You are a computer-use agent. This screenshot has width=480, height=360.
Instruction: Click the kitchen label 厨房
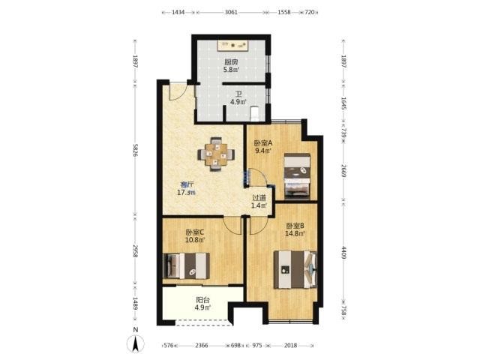[231, 61]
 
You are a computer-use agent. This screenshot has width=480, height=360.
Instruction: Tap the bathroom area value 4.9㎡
[238, 102]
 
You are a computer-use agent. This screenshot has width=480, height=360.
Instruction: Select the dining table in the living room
[216, 154]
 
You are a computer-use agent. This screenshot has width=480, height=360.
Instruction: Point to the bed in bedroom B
[295, 269]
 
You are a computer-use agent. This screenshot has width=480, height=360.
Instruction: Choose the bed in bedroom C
[186, 265]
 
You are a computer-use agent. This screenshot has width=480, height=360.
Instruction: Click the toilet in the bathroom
[255, 113]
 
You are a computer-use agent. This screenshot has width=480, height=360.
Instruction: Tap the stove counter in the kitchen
[232, 45]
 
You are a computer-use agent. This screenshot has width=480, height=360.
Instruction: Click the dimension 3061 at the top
[231, 12]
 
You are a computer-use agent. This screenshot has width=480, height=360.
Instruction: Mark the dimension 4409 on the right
[343, 253]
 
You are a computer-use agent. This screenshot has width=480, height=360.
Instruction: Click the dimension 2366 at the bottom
[202, 345]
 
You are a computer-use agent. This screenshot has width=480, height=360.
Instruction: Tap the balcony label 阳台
[202, 300]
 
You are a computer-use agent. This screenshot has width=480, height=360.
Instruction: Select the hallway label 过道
[259, 198]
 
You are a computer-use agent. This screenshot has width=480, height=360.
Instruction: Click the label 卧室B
[295, 226]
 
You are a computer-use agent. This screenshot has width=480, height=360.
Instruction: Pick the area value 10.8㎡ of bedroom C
[195, 240]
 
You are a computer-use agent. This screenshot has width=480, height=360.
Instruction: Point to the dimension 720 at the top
[310, 12]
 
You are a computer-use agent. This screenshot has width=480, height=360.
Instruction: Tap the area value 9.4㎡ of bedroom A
[263, 150]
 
